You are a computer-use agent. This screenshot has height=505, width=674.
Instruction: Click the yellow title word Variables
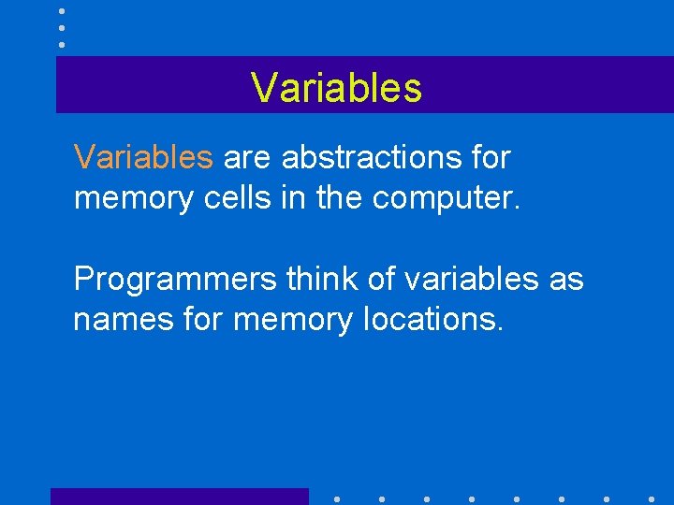coord(337,88)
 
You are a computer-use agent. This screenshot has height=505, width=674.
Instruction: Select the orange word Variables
coord(143,157)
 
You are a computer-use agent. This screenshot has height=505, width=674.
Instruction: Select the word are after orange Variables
coord(247,158)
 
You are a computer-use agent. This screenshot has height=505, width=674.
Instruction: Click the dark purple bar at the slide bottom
coord(179,497)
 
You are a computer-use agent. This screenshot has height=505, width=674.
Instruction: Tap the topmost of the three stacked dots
coord(62,11)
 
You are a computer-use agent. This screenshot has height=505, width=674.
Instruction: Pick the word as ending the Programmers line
coord(566,279)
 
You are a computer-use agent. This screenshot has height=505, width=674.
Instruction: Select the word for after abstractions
coord(491,157)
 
